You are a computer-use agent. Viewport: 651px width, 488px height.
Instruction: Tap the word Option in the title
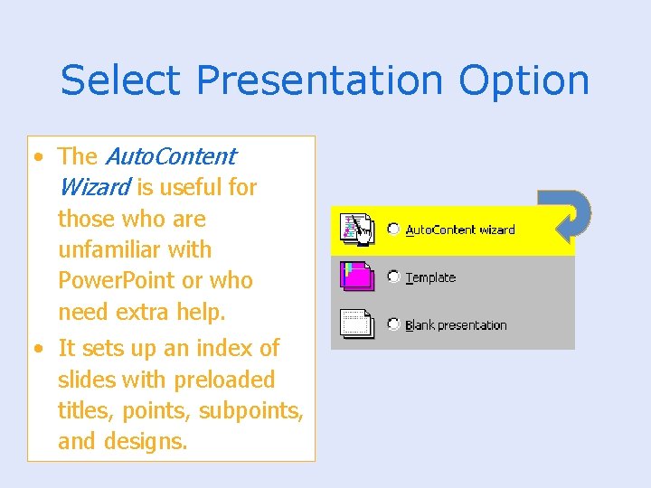tap(524, 81)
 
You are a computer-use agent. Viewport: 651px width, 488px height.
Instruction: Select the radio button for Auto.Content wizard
tap(393, 230)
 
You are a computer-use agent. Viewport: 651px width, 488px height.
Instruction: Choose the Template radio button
tap(393, 277)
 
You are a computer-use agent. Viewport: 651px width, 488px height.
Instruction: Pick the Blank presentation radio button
tap(393, 324)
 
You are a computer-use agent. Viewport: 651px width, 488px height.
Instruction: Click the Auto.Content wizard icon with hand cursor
tap(358, 230)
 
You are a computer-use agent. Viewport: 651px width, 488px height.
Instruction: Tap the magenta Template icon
tap(358, 276)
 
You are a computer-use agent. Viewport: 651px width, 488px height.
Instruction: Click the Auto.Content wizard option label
tap(460, 230)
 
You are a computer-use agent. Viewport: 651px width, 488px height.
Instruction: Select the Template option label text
tap(430, 277)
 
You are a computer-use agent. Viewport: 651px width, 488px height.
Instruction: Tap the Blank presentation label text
tap(456, 325)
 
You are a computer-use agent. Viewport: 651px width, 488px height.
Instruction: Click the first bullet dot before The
tap(38, 157)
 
